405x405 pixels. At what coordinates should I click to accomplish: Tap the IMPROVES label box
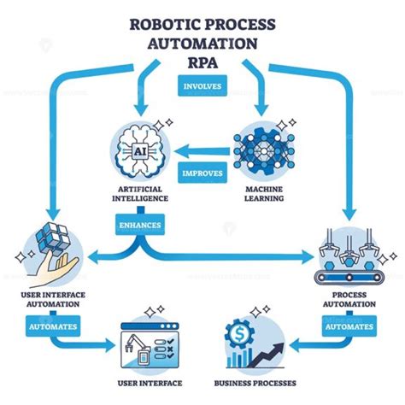pos(202,173)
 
